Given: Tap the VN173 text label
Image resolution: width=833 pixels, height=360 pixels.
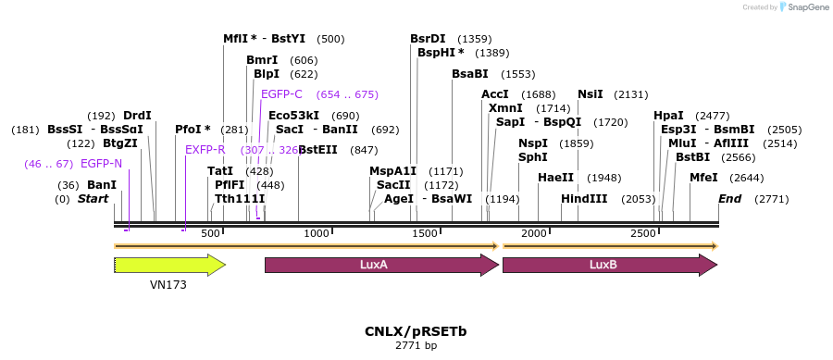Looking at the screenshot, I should pos(168,285).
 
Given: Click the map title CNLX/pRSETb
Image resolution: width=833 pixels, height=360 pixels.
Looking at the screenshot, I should pos(415,330).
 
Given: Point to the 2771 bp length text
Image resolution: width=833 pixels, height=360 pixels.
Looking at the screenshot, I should pos(416,345).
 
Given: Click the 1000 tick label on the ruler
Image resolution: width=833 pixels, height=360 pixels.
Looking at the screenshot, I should pos(317,234).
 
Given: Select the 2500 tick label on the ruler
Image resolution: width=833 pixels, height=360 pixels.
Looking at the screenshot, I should pos(643,234).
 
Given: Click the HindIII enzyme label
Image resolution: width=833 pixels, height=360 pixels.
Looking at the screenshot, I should pos(584,199).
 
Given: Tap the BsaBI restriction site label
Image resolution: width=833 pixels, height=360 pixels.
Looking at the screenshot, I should pos(469,74).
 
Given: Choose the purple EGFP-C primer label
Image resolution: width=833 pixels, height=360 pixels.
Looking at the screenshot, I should pos(281,94).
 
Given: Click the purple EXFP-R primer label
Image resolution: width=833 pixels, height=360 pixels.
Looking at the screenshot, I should pos(205,150).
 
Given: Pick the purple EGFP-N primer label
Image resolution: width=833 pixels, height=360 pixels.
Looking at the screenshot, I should pos(101,164).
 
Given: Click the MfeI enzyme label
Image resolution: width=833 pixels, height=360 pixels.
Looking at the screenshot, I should pos(703,178).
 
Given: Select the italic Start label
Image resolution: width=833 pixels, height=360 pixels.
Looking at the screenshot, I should pos(93,199).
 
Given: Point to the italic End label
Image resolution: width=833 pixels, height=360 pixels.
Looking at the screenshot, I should pos(729,199).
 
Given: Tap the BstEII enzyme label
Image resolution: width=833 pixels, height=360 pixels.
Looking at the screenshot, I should pos(317,150).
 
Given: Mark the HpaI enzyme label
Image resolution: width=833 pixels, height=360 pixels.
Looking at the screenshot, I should pos(668,116).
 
